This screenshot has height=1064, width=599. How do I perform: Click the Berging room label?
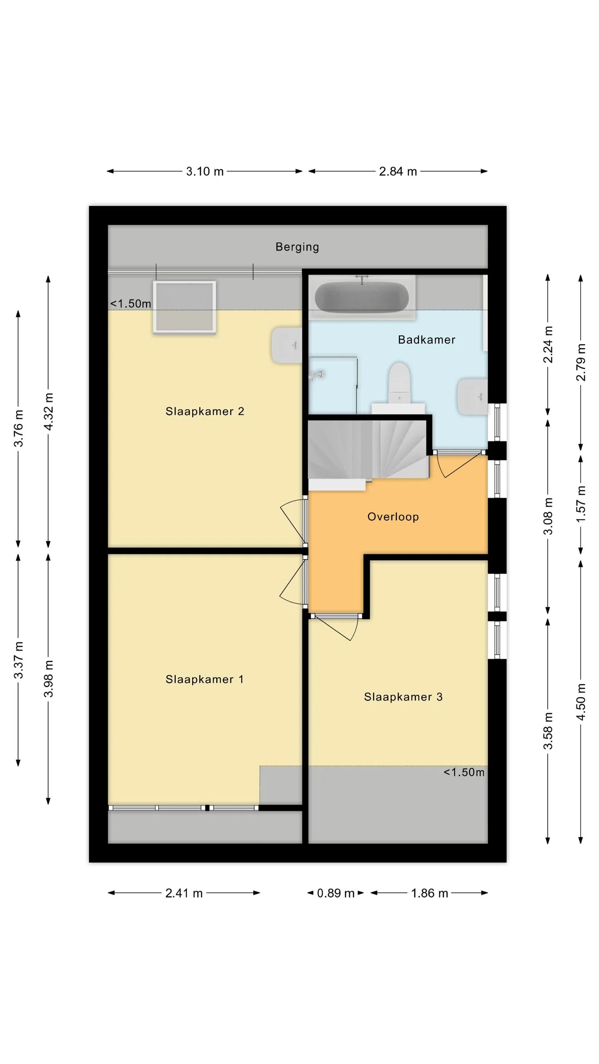pos(297,247)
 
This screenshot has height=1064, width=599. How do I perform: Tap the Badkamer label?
pos(426,340)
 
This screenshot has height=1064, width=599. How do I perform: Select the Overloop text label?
pos(393,517)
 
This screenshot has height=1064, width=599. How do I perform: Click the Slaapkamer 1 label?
pos(204,679)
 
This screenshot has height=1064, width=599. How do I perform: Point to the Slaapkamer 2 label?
pos(205,411)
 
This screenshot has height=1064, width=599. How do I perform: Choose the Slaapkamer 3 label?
pos(403,697)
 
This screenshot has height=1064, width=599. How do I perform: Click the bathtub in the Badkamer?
pos(361,297)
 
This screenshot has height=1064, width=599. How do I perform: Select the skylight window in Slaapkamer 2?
pos(184,307)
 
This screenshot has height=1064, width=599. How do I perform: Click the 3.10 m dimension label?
pos(205,171)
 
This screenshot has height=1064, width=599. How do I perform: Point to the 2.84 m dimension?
pos(398,171)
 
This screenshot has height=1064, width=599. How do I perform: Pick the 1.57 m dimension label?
pos(581,504)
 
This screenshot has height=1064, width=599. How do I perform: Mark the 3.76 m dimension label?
pos(19,428)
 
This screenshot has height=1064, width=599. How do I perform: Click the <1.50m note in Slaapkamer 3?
pos(464,772)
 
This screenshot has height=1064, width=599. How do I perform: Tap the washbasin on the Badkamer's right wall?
pos(473,397)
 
